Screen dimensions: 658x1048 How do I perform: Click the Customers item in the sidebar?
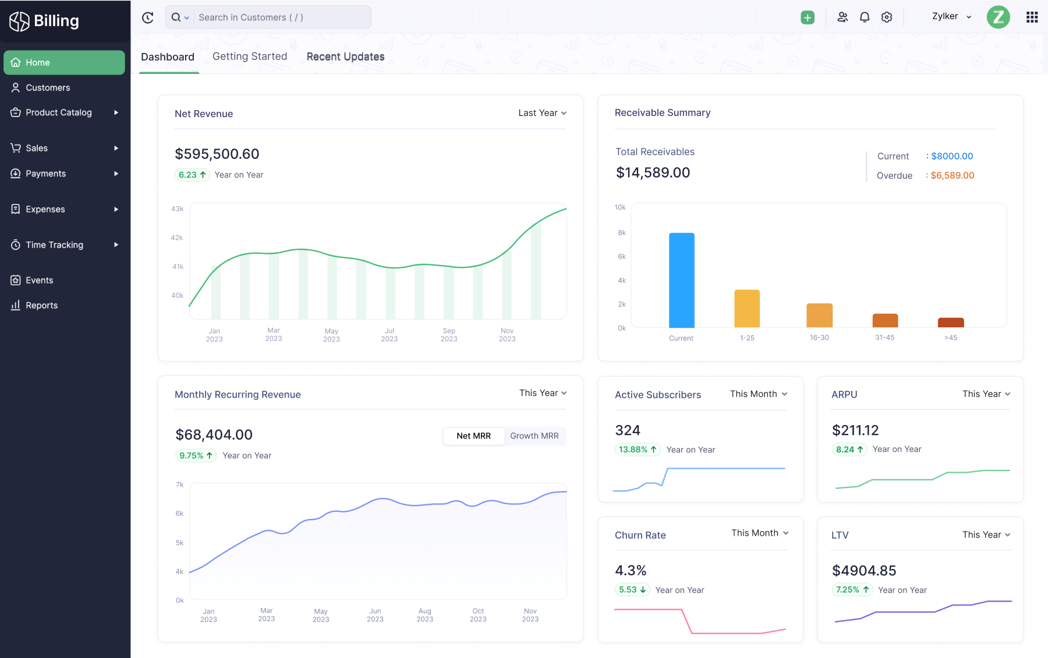[x=48, y=87]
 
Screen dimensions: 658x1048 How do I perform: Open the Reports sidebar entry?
[x=41, y=305]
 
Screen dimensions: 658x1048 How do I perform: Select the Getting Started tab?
[x=250, y=56]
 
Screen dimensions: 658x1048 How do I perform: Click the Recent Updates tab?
[x=345, y=56]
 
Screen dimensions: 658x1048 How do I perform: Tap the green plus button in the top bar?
[x=807, y=17]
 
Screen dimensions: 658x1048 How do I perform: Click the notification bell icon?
[x=865, y=17]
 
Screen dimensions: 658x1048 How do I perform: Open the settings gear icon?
[x=887, y=17]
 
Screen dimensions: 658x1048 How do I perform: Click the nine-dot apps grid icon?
[x=1032, y=17]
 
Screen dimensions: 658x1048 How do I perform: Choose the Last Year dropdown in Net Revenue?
[x=542, y=113]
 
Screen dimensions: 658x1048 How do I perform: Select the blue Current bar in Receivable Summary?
[x=681, y=280]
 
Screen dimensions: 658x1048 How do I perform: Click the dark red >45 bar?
[x=951, y=323]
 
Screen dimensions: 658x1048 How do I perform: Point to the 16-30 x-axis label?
[x=819, y=338]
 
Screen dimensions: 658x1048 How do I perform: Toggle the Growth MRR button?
[x=534, y=436]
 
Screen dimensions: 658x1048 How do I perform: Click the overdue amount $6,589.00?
[x=952, y=175]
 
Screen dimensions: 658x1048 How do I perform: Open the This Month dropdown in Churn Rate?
[x=760, y=533]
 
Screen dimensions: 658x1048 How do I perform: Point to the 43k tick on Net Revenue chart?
[x=177, y=208]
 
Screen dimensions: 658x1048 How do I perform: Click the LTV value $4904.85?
[x=864, y=571]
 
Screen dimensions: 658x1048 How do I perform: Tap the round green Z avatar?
[x=998, y=17]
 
